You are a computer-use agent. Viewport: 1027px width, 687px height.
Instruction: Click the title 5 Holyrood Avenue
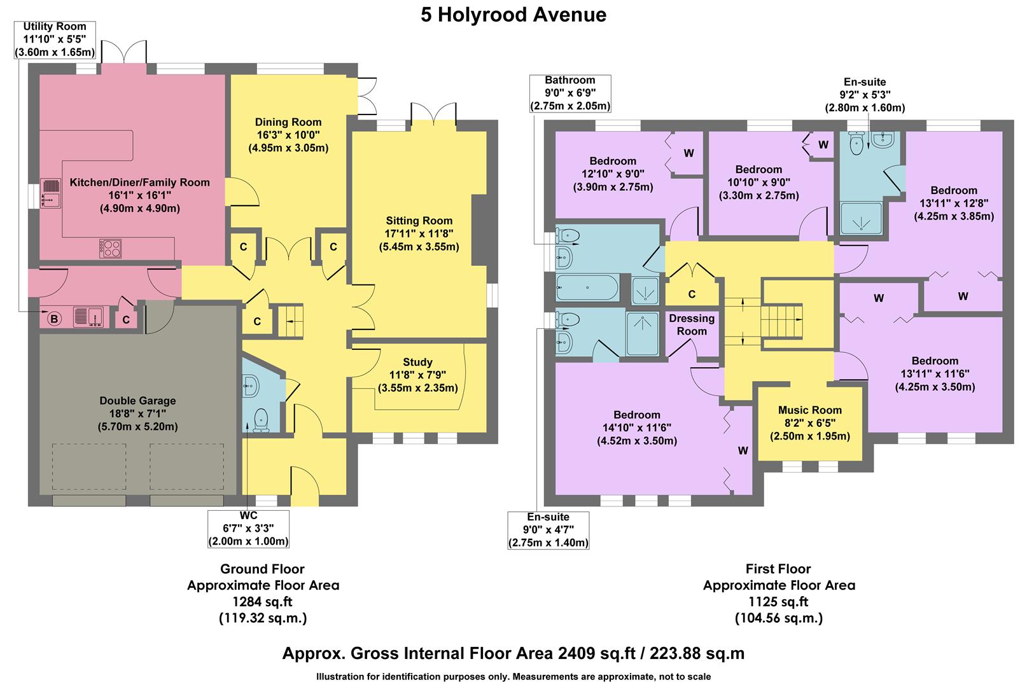513,15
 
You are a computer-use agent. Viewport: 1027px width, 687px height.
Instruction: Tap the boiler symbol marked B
54,319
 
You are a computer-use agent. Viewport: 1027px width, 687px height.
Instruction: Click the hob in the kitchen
110,248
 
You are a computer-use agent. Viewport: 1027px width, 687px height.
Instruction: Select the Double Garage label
137,401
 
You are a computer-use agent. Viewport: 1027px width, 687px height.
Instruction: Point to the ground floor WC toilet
261,420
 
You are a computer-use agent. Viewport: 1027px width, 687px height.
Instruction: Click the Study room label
417,363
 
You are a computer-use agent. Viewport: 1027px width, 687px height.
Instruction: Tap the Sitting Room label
419,221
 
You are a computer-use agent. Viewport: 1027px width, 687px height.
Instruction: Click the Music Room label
809,410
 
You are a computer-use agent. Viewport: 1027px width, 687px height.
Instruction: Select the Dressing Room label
692,324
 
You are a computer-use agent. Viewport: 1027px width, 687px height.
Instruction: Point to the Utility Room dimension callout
55,39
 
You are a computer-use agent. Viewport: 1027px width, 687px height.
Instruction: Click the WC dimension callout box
248,529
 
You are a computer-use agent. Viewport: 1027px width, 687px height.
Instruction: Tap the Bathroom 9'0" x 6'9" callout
569,93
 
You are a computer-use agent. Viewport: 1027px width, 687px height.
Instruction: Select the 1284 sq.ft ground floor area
263,601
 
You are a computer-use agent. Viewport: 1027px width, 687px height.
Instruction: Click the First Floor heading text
778,569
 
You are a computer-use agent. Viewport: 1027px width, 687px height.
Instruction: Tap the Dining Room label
288,122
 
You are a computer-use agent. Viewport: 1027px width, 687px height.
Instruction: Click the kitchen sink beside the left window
50,193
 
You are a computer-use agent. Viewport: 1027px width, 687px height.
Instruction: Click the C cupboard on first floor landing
692,285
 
